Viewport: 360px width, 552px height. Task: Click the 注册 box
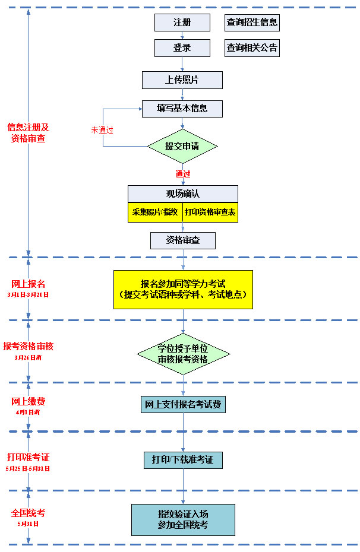click(182, 23)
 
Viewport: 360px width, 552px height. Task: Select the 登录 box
click(182, 48)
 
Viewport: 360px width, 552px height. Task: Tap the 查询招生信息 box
click(252, 23)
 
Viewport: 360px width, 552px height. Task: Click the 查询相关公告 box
click(252, 48)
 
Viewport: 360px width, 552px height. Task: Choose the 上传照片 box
click(182, 80)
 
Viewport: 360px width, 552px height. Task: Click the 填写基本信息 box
click(182, 109)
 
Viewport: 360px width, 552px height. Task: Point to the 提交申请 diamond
click(182, 146)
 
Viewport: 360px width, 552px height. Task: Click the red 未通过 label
click(102, 130)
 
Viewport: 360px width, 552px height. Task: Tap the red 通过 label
click(183, 174)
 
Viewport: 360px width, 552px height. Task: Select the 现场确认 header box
click(183, 194)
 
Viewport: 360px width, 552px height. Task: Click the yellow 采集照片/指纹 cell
click(155, 212)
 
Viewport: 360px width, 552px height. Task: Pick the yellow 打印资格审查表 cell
click(210, 212)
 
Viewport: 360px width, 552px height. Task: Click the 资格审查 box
click(183, 240)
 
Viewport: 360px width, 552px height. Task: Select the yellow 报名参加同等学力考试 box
click(183, 290)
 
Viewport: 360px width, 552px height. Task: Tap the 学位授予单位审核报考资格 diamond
click(183, 354)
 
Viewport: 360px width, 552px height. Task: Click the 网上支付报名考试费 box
click(183, 405)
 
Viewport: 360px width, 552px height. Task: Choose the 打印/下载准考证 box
click(183, 460)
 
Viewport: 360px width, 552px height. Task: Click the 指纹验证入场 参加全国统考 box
click(183, 519)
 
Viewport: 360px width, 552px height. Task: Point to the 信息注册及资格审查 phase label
click(28, 133)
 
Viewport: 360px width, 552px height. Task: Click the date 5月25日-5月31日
click(28, 468)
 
